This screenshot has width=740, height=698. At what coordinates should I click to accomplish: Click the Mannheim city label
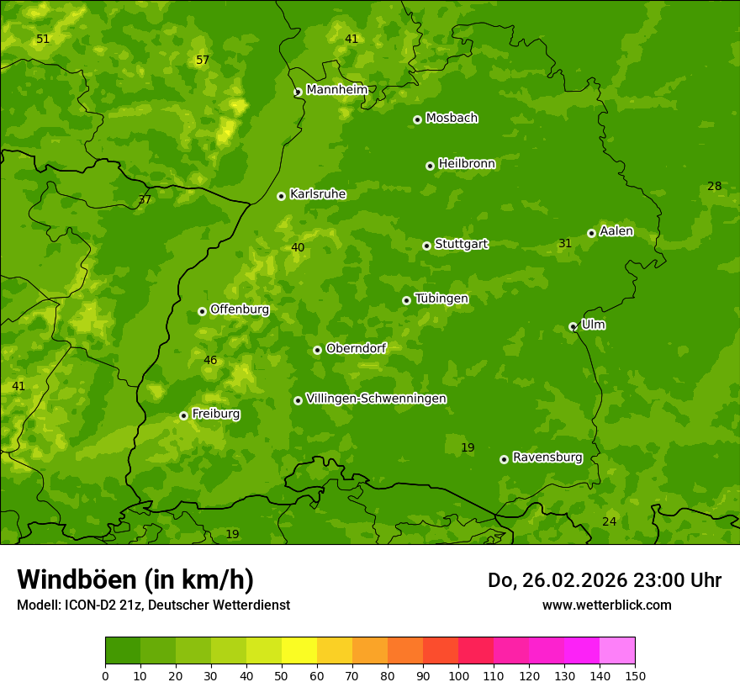337,90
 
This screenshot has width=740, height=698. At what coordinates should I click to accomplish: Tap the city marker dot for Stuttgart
426,246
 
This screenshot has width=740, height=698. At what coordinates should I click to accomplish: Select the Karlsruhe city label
318,194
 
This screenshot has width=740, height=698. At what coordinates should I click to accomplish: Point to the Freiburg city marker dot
183,415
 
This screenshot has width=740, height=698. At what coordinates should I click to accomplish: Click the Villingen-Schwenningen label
376,399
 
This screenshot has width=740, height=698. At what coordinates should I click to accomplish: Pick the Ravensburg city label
547,457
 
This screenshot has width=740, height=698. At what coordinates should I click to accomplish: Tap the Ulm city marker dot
573,326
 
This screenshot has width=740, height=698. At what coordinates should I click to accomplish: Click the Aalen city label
616,231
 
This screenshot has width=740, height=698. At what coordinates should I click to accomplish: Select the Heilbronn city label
467,164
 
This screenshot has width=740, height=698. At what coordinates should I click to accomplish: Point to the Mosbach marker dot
417,119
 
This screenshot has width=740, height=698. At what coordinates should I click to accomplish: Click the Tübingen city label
441,299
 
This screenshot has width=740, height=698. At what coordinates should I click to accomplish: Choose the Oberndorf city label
356,348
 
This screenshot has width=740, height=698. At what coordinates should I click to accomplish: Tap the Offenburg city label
240,309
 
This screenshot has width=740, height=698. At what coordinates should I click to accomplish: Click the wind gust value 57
203,60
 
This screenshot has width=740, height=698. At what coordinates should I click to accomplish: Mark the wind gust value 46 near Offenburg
210,361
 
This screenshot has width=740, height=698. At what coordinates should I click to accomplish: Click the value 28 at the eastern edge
714,187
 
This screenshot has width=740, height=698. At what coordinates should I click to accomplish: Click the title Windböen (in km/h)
135,579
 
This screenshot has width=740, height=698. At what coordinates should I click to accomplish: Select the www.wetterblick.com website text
606,605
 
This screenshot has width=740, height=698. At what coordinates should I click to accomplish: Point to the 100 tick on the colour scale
458,675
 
